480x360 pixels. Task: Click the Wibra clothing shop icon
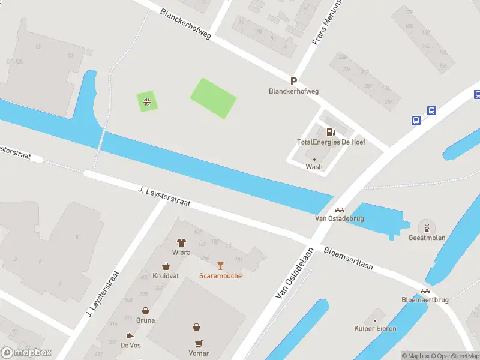tap(181, 242)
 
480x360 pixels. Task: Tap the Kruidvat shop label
tap(165, 275)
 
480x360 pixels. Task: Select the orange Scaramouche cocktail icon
tap(220, 266)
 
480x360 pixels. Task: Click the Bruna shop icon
tap(145, 311)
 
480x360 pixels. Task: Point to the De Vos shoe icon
tap(130, 336)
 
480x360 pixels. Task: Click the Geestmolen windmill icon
tap(427, 227)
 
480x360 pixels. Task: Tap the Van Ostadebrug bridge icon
tap(340, 210)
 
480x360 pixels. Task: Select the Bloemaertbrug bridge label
tap(425, 300)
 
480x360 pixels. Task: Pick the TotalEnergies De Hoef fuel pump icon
tap(330, 132)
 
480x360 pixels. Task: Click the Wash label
tap(314, 167)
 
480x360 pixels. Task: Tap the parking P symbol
tap(293, 82)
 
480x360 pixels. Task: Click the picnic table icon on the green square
tap(146, 101)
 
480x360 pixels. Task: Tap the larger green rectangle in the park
tap(213, 98)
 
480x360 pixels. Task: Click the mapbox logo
tap(26, 353)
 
